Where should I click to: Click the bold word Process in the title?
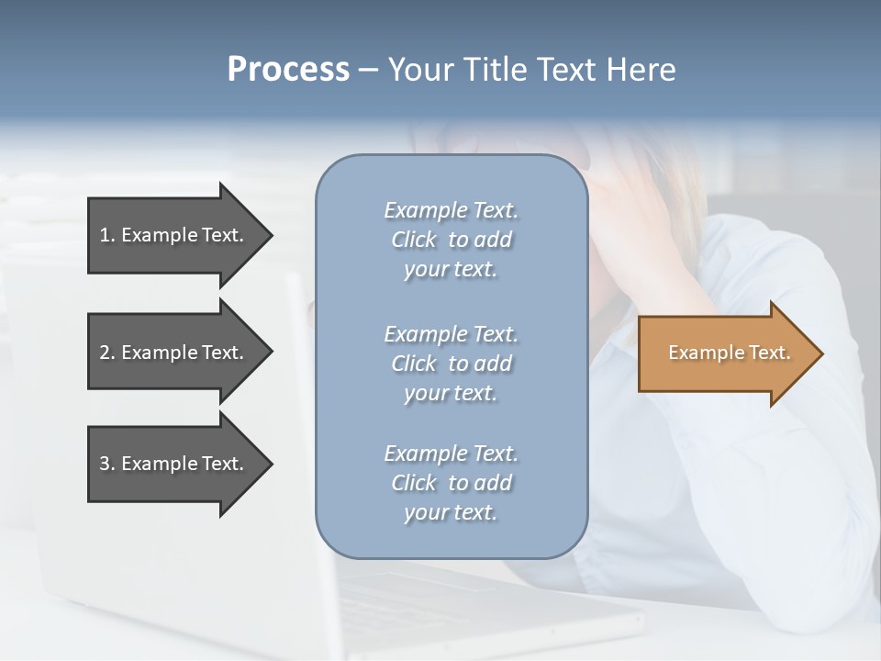pyautogui.click(x=288, y=69)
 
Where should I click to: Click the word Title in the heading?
pyautogui.click(x=495, y=69)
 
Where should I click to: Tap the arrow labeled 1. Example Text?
pyautogui.click(x=174, y=235)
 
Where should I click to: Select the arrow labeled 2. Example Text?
pyautogui.click(x=174, y=353)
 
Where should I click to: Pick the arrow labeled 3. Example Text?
pyautogui.click(x=174, y=464)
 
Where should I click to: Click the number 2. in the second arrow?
pyautogui.click(x=107, y=353)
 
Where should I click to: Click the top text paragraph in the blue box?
pyautogui.click(x=451, y=240)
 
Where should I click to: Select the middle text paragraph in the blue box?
pyautogui.click(x=451, y=364)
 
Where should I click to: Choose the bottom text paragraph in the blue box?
pyautogui.click(x=451, y=483)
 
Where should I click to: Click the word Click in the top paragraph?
pyautogui.click(x=414, y=240)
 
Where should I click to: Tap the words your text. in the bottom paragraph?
pyautogui.click(x=451, y=512)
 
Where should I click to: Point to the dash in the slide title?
pyautogui.click(x=368, y=70)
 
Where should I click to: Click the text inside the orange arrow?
pyautogui.click(x=729, y=353)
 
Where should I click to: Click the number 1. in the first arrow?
pyautogui.click(x=107, y=235)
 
